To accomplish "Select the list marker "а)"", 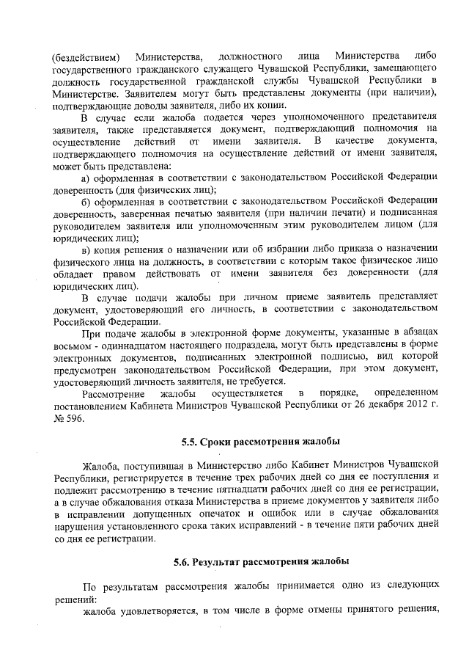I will [85, 177].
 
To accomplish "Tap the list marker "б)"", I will [85, 201].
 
